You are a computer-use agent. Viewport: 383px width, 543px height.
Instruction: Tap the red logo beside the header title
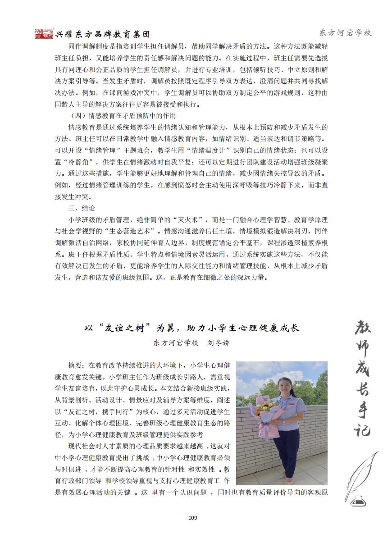(44, 34)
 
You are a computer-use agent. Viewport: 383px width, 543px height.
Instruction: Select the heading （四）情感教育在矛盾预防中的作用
(115, 115)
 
